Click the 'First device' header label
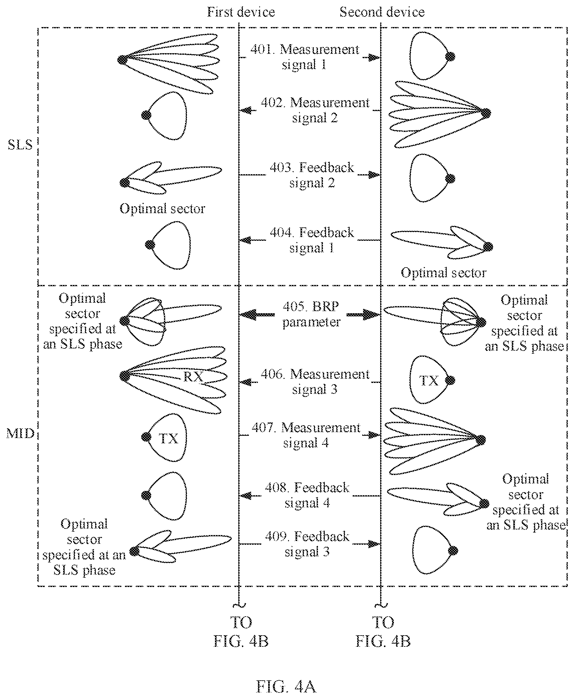click(x=241, y=12)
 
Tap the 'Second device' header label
click(x=382, y=12)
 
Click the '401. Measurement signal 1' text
click(x=305, y=57)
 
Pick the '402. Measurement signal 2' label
click(x=315, y=110)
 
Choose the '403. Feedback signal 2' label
click(x=312, y=175)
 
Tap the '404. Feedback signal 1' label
click(x=312, y=240)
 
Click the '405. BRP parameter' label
click(x=311, y=314)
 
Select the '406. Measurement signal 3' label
click(x=315, y=381)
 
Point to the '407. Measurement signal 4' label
click(x=306, y=435)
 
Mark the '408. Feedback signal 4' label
click(x=307, y=495)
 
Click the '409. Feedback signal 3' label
click(x=307, y=544)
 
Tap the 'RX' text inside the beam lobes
click(x=193, y=377)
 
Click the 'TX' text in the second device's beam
click(x=429, y=381)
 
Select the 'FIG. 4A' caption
click(x=286, y=687)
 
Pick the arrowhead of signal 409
click(x=374, y=544)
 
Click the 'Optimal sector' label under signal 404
click(x=444, y=273)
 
